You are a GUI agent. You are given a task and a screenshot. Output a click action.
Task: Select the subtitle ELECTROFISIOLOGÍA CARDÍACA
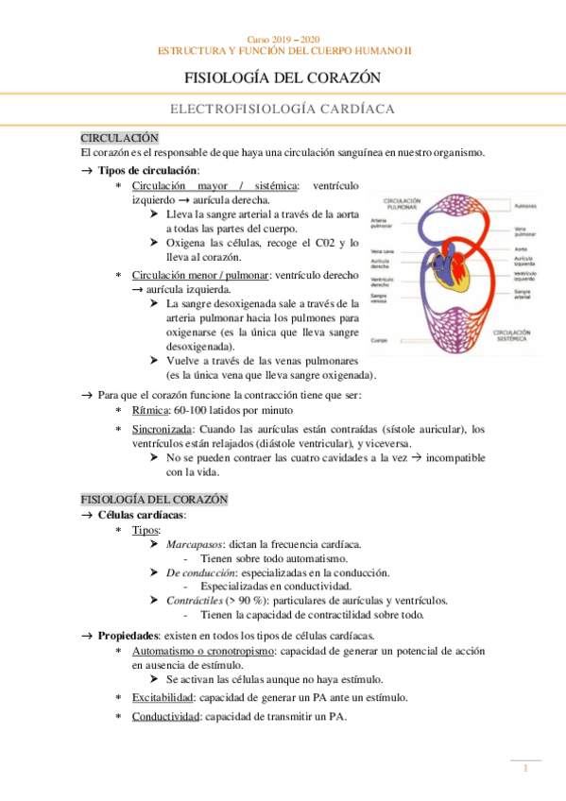tap(282, 110)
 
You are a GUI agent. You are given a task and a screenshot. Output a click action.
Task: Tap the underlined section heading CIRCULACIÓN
tap(119, 138)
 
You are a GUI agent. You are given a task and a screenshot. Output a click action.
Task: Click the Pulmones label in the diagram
tap(527, 205)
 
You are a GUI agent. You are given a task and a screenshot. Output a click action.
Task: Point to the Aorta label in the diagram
tap(521, 249)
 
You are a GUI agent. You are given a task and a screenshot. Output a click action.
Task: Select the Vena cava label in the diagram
tap(383, 251)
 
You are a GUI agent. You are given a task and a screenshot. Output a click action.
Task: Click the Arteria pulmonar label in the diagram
tap(384, 223)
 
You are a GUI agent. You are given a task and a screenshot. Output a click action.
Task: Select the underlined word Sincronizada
tap(164, 429)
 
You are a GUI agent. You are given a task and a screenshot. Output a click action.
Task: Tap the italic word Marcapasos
tap(195, 546)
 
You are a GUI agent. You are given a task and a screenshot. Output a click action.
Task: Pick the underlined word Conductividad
tap(166, 717)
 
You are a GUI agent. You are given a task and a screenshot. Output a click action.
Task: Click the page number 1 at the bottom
tap(525, 770)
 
